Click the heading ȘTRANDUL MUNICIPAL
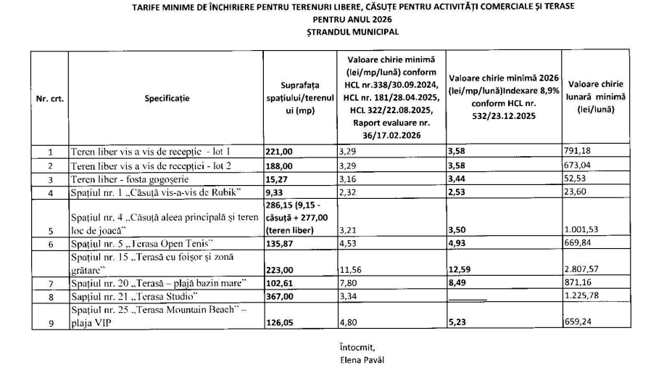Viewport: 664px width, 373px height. coord(352,32)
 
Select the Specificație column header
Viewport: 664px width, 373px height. coord(167,99)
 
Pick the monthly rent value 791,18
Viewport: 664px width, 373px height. coord(578,152)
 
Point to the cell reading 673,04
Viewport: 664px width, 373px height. coord(578,165)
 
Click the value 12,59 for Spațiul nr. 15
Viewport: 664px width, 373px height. coord(462,269)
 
